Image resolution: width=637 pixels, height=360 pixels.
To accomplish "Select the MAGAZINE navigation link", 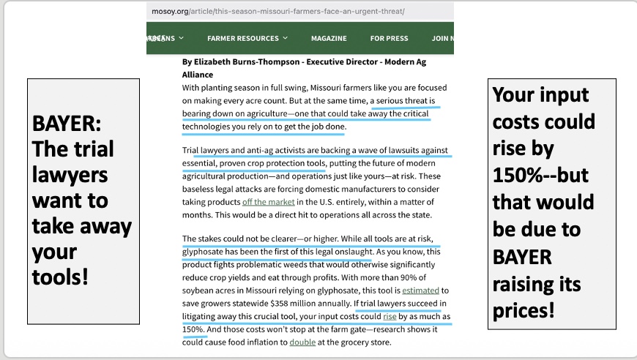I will (329, 38).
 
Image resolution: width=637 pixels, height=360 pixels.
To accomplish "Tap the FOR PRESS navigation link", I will (389, 38).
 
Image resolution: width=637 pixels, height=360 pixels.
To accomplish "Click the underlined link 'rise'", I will (390, 317).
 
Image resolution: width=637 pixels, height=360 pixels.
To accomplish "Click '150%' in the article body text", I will (193, 329).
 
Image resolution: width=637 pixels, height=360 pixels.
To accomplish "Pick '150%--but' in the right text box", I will (540, 176).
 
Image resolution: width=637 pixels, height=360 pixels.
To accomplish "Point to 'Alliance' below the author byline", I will (198, 75).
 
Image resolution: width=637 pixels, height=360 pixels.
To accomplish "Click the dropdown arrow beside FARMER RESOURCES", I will (286, 38).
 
